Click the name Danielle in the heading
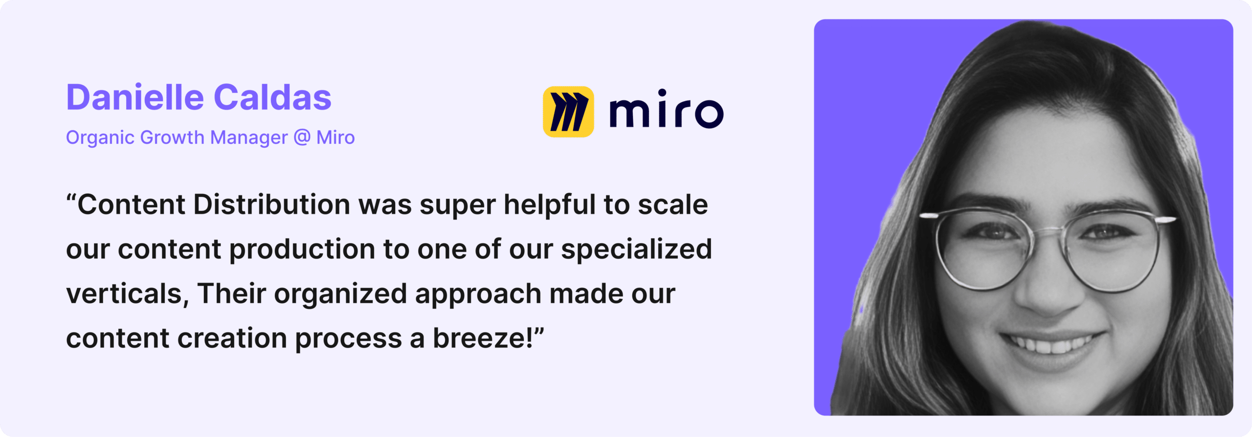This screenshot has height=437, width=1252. click(135, 97)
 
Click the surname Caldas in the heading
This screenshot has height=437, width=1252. click(273, 97)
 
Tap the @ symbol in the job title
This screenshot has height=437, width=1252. click(302, 138)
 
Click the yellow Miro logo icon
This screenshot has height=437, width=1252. click(568, 112)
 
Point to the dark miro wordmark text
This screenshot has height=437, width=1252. click(666, 109)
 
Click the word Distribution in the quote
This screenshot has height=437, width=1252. click(272, 204)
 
